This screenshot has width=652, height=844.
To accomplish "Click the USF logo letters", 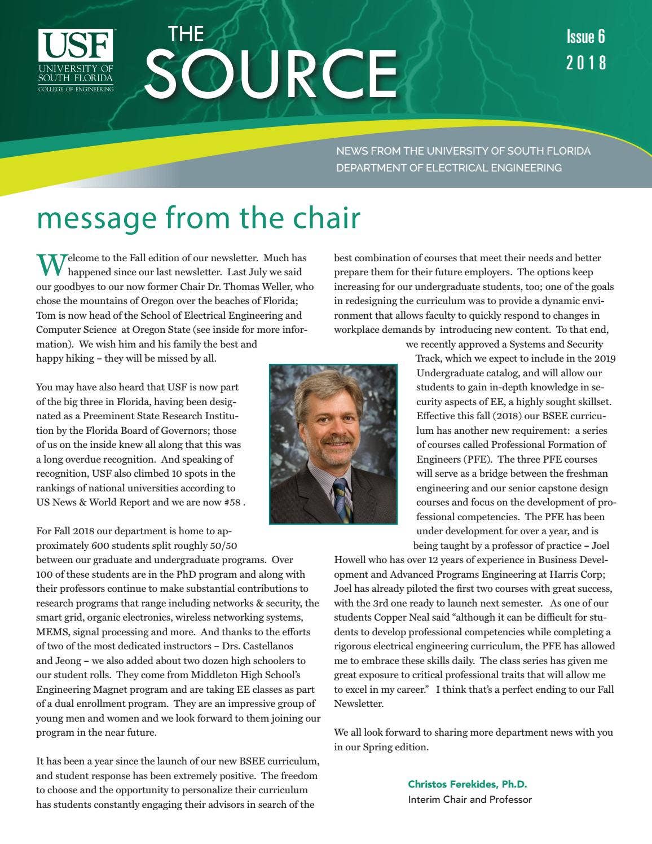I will [76, 45].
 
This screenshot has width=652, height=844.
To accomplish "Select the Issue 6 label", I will [585, 37].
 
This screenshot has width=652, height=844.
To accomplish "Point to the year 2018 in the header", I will [586, 62].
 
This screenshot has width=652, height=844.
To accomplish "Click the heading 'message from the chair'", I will [198, 218].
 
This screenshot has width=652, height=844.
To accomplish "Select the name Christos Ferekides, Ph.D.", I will [467, 784].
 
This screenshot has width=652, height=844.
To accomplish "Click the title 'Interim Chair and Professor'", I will [470, 799].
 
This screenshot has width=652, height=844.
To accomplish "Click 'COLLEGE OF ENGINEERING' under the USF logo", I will [76, 89].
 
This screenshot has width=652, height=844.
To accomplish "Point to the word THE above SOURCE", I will [186, 34].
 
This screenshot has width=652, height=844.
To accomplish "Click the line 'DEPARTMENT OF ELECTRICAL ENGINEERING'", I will [449, 168].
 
